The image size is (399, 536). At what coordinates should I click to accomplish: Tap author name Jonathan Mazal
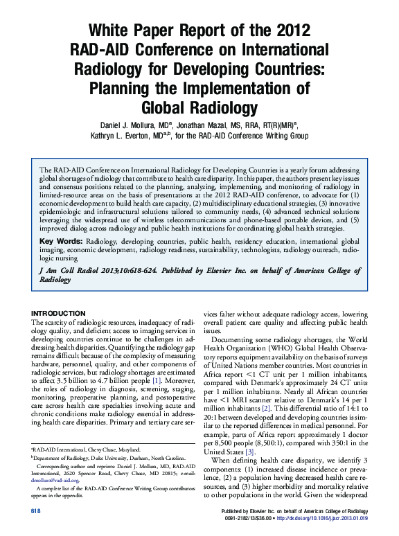tap(206, 125)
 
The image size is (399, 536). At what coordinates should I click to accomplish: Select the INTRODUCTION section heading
tap(58, 312)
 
